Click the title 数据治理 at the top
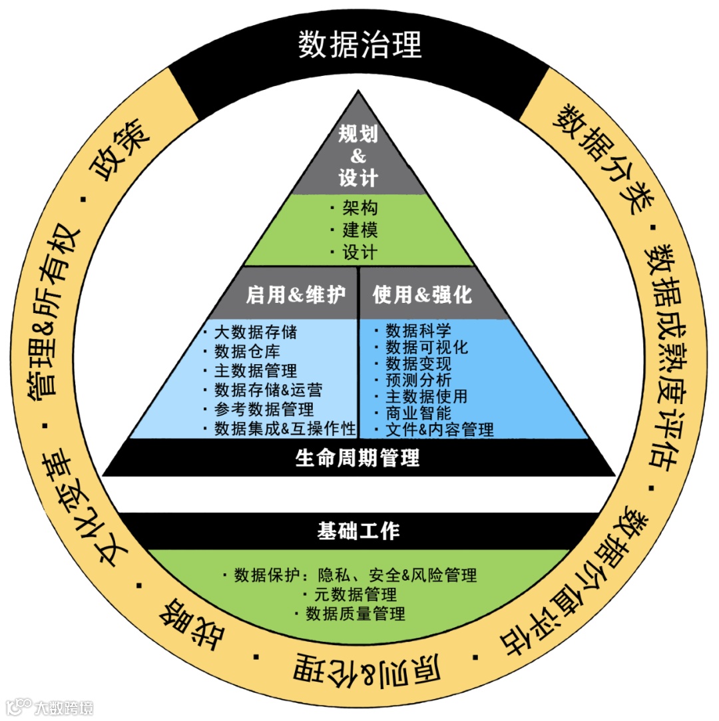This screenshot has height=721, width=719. (x=359, y=45)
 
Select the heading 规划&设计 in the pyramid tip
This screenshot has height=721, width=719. (x=358, y=156)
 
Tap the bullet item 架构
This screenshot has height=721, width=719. (x=360, y=208)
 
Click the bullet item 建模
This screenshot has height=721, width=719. (x=360, y=230)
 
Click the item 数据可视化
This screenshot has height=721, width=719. (x=427, y=347)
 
